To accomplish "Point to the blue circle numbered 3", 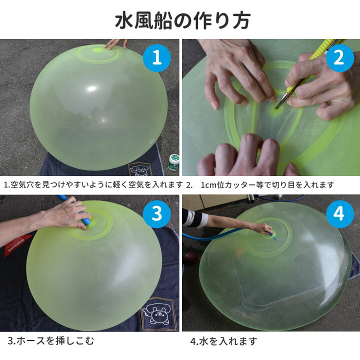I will pos(157,214).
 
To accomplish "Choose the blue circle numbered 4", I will pos(339,214).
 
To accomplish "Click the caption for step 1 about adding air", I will pos(93,185).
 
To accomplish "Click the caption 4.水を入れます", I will pos(223,341).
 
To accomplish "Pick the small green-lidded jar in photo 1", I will pos(173,162).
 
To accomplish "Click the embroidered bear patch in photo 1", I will pos(138,169).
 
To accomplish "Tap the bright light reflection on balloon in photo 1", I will pos(91,89).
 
